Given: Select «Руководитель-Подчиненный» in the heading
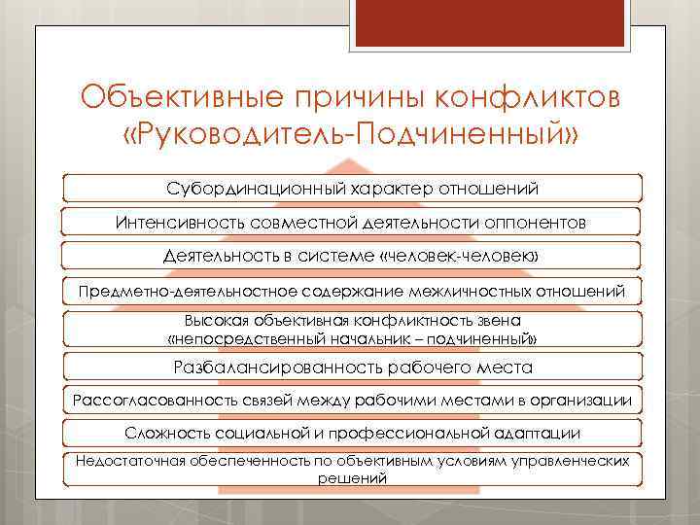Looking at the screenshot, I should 349,134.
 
